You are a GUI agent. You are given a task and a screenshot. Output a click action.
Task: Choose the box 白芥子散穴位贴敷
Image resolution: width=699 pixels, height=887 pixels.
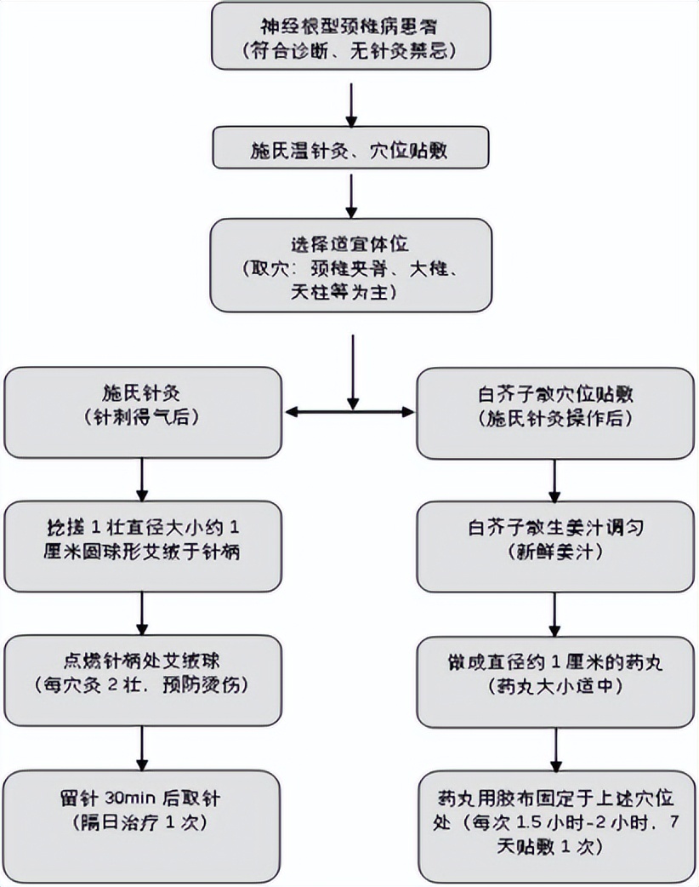point(554,412)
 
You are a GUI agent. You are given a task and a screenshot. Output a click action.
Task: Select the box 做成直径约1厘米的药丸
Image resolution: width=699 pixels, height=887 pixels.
point(554,673)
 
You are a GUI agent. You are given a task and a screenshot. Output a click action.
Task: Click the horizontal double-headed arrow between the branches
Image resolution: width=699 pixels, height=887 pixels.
point(349,413)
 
